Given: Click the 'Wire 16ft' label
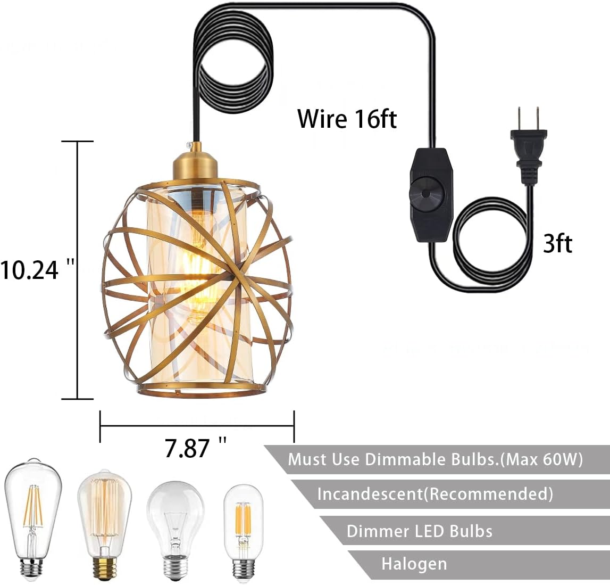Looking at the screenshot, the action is tap(347, 118).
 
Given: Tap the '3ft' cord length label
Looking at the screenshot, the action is tap(557, 244).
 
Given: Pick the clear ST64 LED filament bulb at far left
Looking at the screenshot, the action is tap(33, 516).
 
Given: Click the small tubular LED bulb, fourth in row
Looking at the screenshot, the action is tap(244, 530).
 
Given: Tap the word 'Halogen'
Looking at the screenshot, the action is tap(414, 564).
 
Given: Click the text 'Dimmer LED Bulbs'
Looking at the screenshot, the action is tap(419, 531).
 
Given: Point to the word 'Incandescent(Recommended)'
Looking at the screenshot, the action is tap(434, 494).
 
